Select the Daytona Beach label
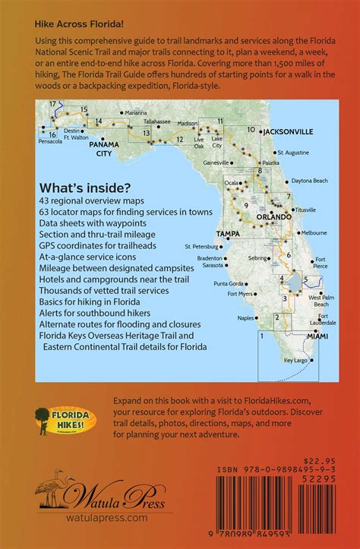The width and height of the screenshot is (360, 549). [x=311, y=180]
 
